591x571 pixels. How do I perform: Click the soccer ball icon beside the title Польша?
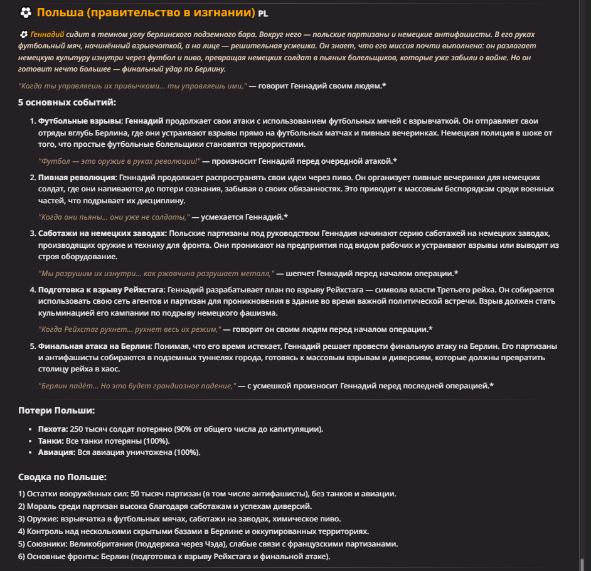coord(26,13)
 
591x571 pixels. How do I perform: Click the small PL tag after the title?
coord(262,13)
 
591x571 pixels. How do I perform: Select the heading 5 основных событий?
coord(67,102)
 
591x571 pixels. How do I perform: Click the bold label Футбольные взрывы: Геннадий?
coord(100,120)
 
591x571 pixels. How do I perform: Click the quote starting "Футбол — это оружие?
coord(119,161)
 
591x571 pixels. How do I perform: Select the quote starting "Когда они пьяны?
coord(114,217)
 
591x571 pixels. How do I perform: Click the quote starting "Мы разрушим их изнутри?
coord(157,274)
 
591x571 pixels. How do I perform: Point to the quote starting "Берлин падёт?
coord(137,386)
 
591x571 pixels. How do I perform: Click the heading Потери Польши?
coord(56,410)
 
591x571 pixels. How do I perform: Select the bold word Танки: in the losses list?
coord(51,440)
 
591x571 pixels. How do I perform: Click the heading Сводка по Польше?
coord(62,477)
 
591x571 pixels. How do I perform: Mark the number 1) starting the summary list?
coord(21,494)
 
